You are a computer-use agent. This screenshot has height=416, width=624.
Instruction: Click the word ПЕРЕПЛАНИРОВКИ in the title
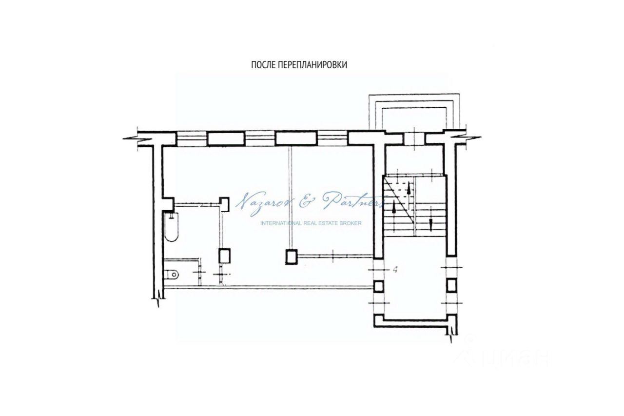click(x=312, y=65)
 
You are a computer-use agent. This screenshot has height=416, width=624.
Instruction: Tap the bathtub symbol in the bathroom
click(x=171, y=226)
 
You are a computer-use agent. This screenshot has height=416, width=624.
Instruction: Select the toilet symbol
click(x=171, y=275)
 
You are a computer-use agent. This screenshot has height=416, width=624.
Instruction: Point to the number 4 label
click(x=395, y=269)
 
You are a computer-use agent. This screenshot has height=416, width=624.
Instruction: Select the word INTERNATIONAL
click(x=280, y=223)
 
